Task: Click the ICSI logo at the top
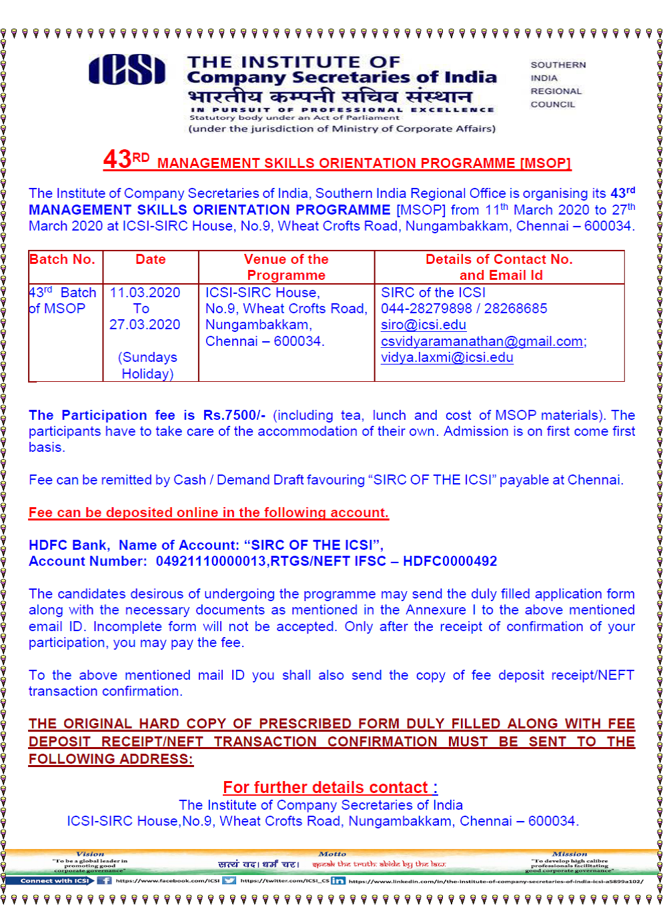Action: [x=127, y=70]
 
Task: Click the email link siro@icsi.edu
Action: [x=423, y=325]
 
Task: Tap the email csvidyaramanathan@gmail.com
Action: [x=482, y=341]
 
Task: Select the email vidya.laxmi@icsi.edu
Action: [x=447, y=358]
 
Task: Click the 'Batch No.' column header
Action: [x=62, y=260]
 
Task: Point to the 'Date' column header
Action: [x=151, y=260]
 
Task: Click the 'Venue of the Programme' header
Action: [x=286, y=267]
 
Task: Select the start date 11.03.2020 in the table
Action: [x=145, y=293]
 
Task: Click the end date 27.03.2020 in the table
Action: [x=145, y=325]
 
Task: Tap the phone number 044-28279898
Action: [x=426, y=309]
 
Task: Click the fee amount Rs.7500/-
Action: [x=234, y=415]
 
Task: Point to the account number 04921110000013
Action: [x=211, y=561]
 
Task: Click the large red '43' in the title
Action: [x=117, y=159]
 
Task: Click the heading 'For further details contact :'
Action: [x=330, y=787]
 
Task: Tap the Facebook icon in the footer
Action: [x=105, y=880]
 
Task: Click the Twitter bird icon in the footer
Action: [x=229, y=880]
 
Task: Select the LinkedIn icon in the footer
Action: [x=338, y=880]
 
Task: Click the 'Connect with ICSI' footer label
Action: [x=54, y=880]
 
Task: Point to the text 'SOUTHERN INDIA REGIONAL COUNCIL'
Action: [x=558, y=85]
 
